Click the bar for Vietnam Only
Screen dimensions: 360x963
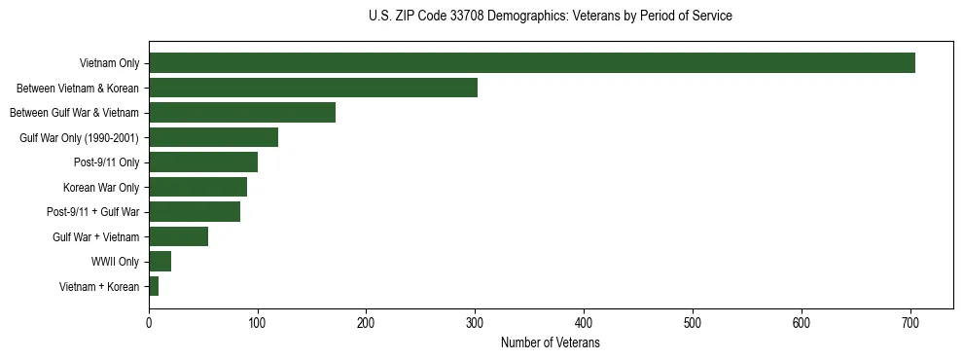coord(532,63)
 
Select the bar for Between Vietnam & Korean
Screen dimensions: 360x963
coord(313,88)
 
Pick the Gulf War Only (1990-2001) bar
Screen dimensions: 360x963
coord(213,137)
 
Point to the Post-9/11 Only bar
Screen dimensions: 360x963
coord(203,162)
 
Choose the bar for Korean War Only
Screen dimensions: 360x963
coord(197,187)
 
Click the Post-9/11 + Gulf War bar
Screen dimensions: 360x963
coord(195,211)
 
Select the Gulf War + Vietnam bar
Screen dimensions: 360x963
coord(178,236)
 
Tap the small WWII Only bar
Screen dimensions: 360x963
coord(160,261)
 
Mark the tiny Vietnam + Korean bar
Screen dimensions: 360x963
coord(154,286)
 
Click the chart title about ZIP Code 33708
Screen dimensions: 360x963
coord(551,16)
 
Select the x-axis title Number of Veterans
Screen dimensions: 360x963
coord(550,343)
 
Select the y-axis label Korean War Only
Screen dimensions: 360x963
coord(101,187)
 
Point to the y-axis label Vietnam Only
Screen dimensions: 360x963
coord(109,63)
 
